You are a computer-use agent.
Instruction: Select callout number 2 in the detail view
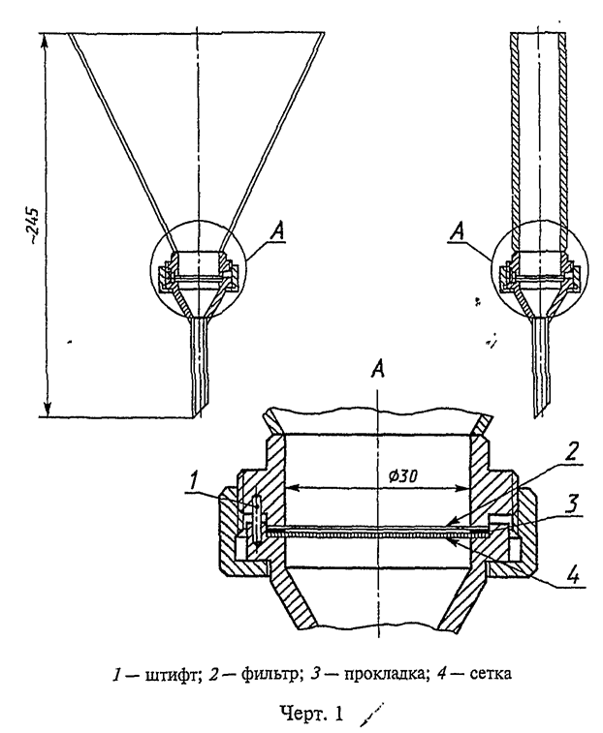[572, 451]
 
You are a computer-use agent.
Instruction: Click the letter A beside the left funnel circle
[277, 232]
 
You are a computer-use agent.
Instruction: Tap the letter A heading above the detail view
[378, 370]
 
